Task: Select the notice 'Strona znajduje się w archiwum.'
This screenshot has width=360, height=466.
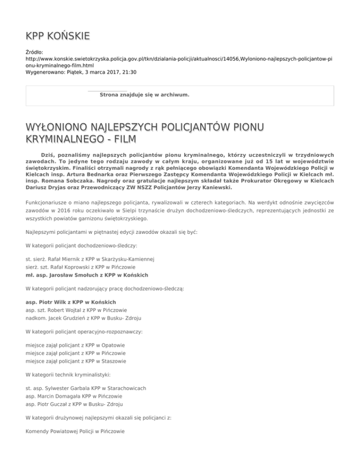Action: click(145, 95)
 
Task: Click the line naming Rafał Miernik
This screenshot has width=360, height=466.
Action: click(90, 259)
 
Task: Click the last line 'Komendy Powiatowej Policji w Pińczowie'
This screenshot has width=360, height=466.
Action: click(75, 440)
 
